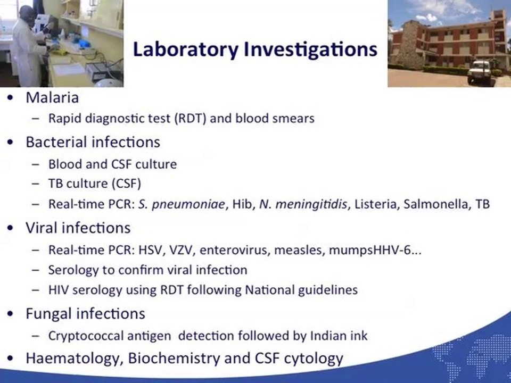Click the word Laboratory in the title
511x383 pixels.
(186, 49)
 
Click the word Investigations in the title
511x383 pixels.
(310, 49)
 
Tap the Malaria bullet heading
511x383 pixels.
(52, 97)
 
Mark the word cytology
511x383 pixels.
(314, 359)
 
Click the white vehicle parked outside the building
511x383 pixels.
(479, 72)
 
